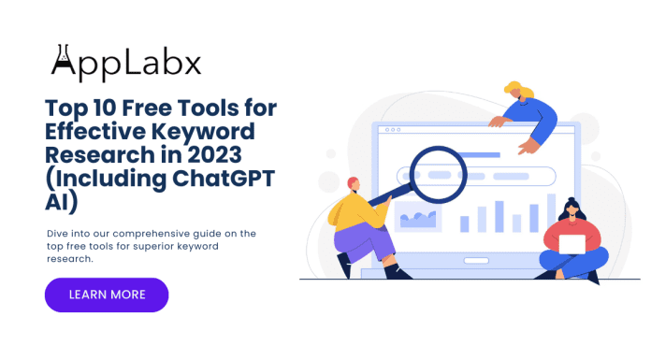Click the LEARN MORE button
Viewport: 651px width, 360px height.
coord(107,295)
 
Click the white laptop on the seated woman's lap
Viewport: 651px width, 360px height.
coord(571,245)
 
